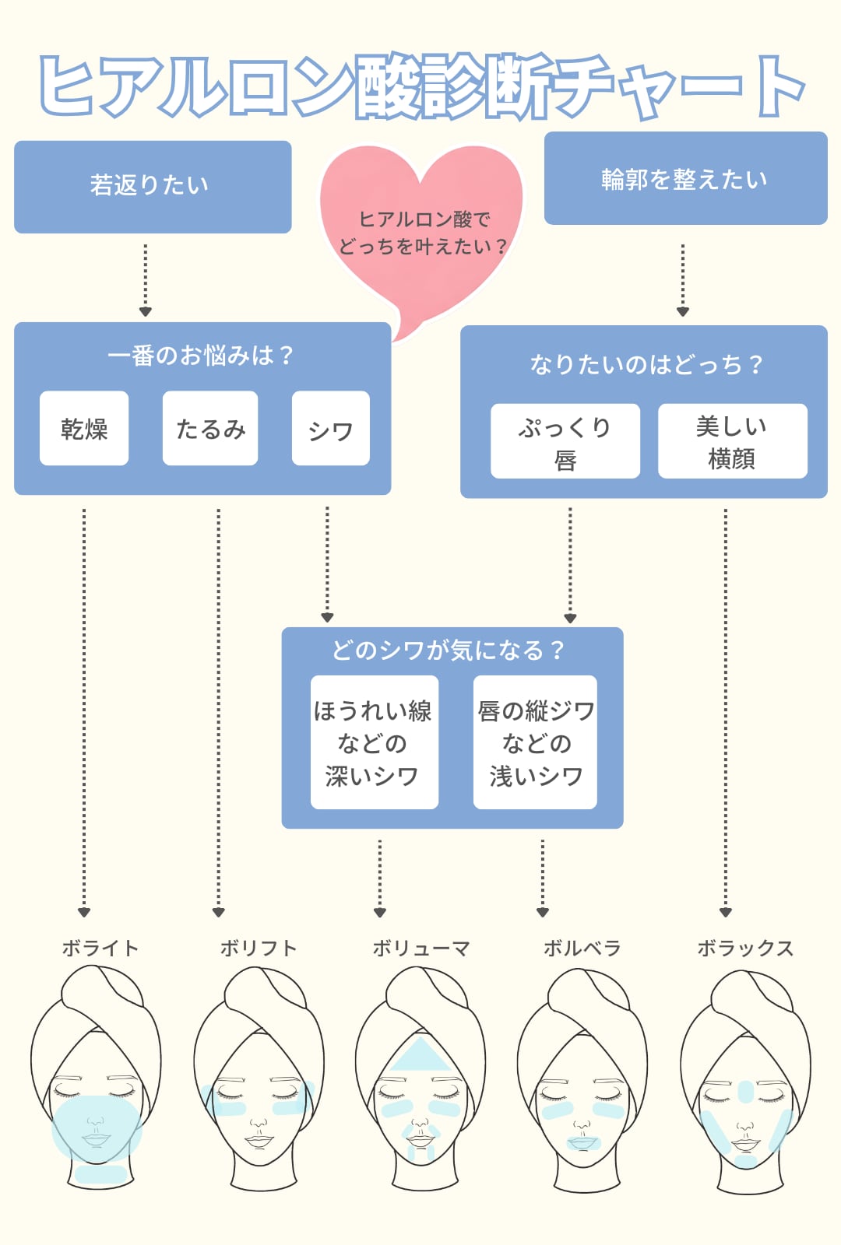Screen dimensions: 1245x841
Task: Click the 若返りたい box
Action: tap(153, 187)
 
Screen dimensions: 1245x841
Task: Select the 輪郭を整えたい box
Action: tap(685, 179)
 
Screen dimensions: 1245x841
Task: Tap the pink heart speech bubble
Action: tap(421, 233)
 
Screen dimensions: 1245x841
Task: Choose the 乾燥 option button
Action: tap(84, 429)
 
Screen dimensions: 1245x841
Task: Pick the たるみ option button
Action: tap(210, 429)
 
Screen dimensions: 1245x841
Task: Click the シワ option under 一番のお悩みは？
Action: tap(330, 429)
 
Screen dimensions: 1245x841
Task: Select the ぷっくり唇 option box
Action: tap(565, 441)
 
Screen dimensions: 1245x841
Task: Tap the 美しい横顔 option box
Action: tap(732, 441)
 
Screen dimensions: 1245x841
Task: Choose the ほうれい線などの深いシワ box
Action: tap(374, 742)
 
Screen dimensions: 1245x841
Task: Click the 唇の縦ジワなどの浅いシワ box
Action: tap(535, 742)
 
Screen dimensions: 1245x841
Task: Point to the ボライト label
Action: tap(100, 948)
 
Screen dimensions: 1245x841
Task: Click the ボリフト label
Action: tap(259, 948)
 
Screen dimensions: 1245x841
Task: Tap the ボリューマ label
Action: tap(421, 948)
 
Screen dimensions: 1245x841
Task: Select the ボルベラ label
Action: tap(582, 948)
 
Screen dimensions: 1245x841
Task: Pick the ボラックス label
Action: tap(745, 948)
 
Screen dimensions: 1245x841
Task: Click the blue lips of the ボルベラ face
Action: tap(582, 1142)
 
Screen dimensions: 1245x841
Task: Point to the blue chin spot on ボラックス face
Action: tap(745, 1161)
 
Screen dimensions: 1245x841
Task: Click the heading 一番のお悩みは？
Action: tap(201, 356)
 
